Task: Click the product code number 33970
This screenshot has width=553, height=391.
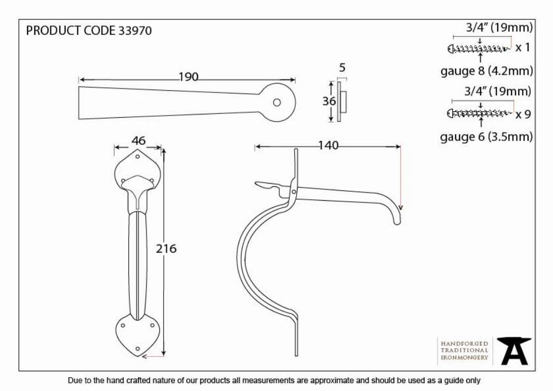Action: coord(135,30)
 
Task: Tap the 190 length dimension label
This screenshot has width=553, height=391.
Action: coord(189,77)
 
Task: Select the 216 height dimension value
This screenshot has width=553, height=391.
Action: coord(166,248)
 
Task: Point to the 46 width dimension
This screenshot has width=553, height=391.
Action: coord(138,140)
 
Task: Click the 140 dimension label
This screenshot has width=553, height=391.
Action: coord(328,145)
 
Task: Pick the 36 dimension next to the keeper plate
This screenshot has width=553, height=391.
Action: coord(329,101)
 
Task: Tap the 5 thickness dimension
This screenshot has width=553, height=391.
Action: coord(342,67)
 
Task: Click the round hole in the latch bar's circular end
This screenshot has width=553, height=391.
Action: coord(277,103)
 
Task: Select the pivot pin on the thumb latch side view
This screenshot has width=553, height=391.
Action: coord(294,192)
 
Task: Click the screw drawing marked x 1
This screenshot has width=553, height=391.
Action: coord(479,49)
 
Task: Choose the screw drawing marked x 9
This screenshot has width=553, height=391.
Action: coord(479,113)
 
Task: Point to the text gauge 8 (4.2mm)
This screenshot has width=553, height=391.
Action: coord(487,71)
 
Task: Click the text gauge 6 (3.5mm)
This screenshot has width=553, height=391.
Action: coord(486,137)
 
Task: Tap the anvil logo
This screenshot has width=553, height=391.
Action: coord(514,351)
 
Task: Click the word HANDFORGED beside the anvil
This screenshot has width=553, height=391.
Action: coord(465,343)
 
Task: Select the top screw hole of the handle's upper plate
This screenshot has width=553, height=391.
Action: coord(138,157)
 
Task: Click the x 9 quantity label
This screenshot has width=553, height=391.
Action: coord(523,114)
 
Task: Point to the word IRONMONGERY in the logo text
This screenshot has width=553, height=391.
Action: coord(465,357)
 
